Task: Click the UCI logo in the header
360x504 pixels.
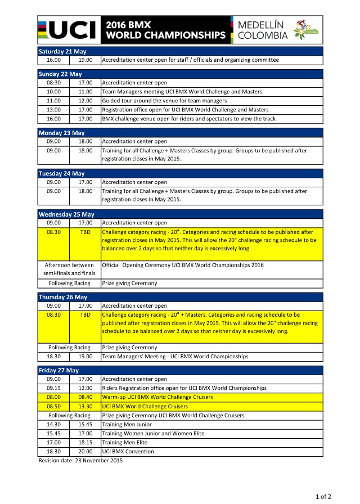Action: [66, 29]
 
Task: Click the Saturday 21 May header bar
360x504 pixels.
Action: [181, 51]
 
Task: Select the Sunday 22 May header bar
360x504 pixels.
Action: [181, 74]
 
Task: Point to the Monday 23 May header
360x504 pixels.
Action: [181, 133]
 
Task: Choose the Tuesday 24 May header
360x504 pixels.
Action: [181, 173]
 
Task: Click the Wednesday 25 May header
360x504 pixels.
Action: [181, 214]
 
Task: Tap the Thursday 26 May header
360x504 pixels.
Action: [181, 297]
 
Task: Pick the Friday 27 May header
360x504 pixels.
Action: [181, 370]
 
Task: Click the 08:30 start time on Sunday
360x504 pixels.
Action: [53, 83]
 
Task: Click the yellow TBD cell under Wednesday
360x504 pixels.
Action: [85, 232]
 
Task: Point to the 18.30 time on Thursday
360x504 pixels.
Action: [53, 357]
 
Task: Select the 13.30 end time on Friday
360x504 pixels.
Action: [85, 406]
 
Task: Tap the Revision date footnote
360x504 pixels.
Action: [80, 460]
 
